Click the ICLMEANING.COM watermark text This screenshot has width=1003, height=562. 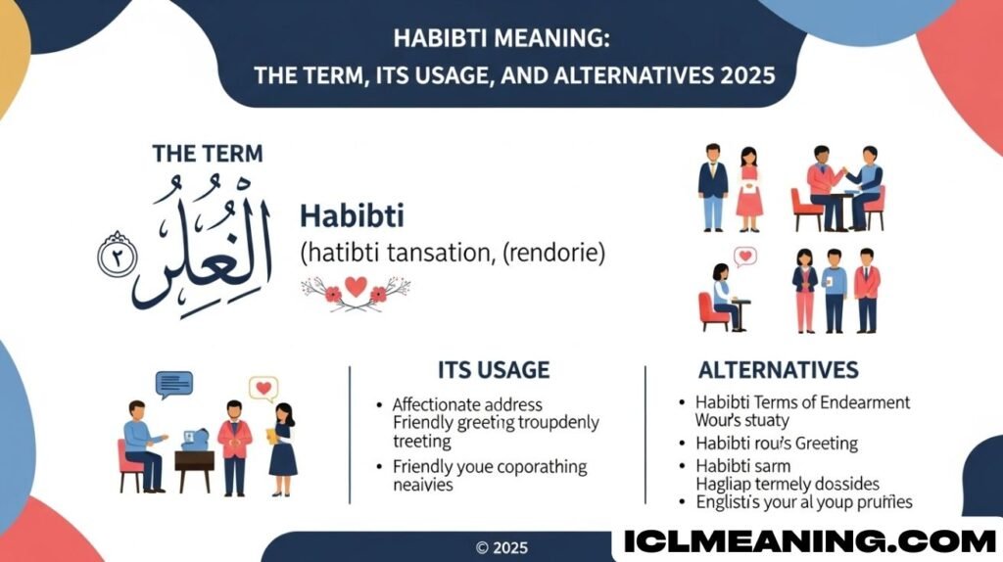(810, 540)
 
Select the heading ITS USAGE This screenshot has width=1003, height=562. (493, 369)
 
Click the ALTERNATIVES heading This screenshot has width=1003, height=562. (778, 369)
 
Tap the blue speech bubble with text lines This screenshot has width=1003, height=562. (174, 384)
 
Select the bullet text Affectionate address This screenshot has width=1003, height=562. (466, 403)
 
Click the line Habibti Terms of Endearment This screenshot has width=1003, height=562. (802, 402)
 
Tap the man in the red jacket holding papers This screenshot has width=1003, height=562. (234, 446)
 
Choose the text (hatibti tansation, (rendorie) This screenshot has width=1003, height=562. (452, 252)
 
